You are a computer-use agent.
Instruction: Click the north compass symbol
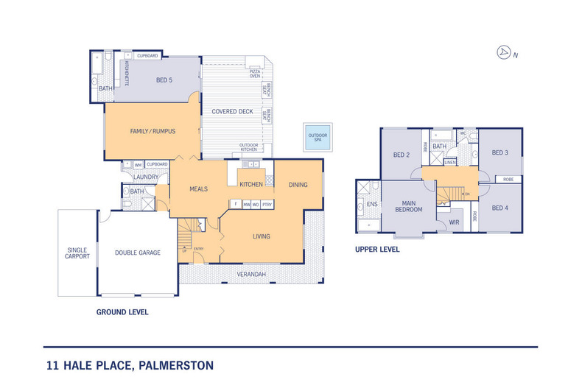coord(505,52)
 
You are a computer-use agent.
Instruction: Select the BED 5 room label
coord(164,80)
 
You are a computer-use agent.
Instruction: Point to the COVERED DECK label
coord(232,112)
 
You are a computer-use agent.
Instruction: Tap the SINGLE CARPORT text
coord(77,253)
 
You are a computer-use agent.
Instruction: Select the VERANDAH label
coord(251,275)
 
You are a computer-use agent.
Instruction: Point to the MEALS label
coord(198,189)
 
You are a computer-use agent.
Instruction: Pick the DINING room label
coord(298,185)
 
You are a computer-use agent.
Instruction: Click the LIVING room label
coord(261,236)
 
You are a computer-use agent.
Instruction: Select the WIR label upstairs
coord(454,221)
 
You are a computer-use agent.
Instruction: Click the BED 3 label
coord(499,152)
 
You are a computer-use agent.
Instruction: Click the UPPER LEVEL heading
coord(377,250)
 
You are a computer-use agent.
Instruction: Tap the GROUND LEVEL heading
coord(122,312)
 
